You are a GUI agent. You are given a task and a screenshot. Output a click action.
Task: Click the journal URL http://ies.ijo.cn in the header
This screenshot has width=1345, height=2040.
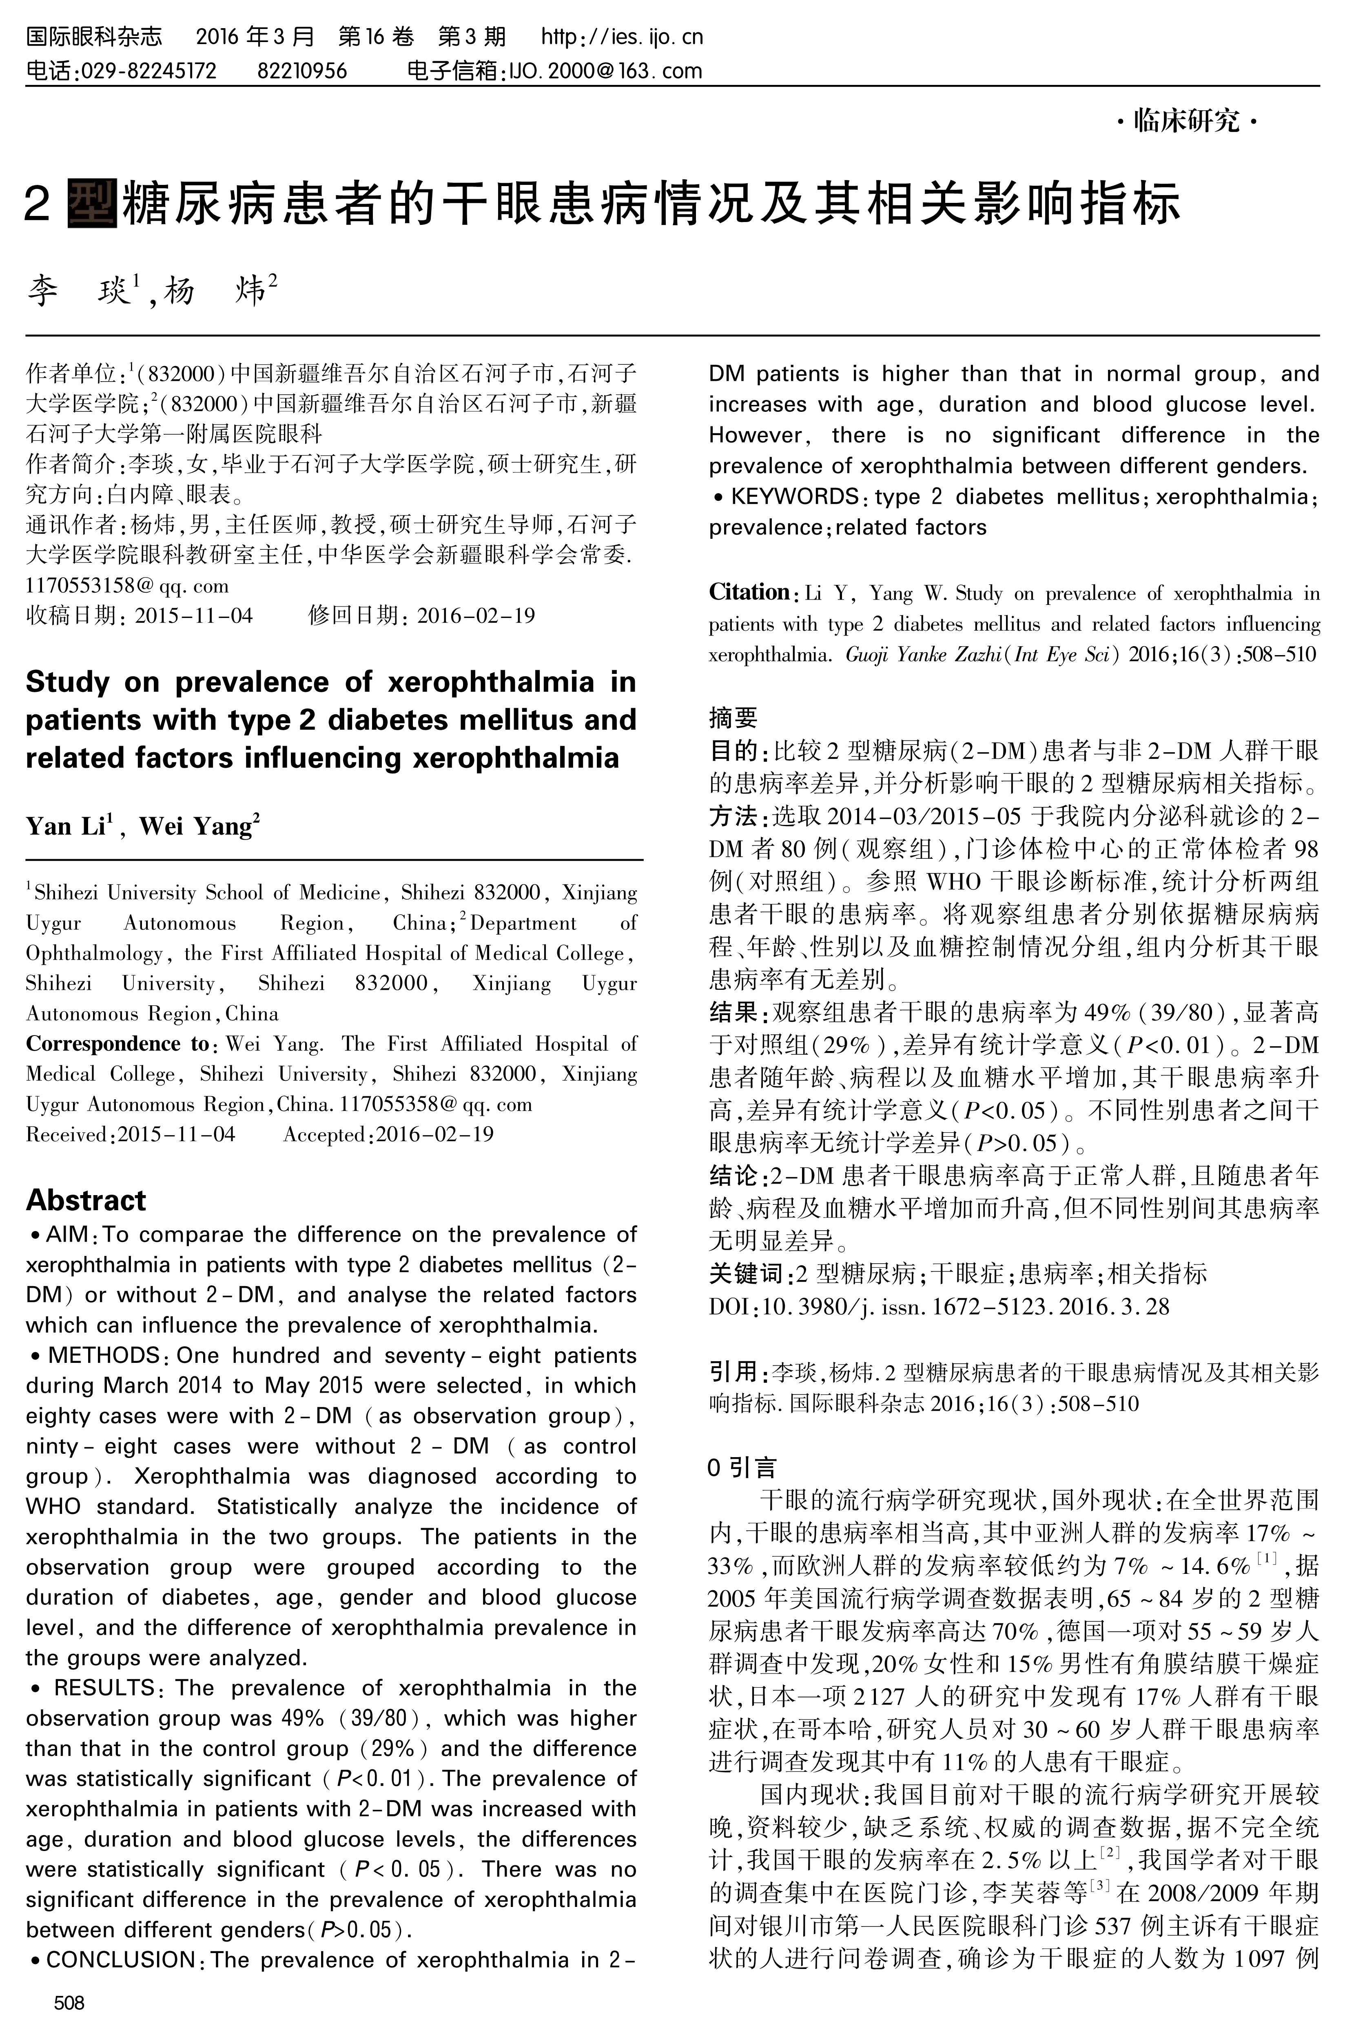tap(622, 37)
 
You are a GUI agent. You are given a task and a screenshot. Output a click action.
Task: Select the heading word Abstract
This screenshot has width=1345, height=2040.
tap(86, 1200)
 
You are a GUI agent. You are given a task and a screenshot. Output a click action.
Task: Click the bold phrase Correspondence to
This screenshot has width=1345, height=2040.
tap(117, 1044)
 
